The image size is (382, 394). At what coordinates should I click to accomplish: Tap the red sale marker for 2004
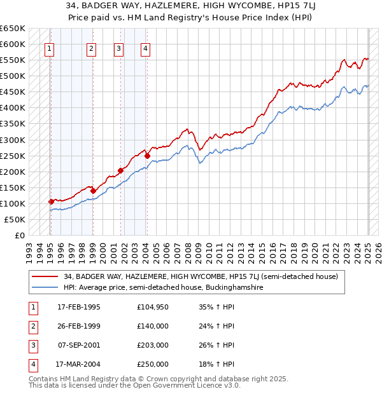click(147, 156)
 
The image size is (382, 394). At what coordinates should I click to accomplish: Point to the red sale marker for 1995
click(51, 201)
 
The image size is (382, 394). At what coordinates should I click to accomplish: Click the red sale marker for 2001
click(120, 170)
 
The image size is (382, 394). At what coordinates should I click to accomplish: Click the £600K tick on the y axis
click(13, 44)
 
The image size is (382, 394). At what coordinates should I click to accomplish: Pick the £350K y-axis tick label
click(13, 124)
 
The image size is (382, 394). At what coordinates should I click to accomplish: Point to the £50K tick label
click(15, 219)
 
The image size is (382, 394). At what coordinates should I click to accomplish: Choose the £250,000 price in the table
click(153, 364)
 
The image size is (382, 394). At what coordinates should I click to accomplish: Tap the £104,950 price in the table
click(153, 307)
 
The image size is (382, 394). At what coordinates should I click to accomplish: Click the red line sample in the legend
click(45, 276)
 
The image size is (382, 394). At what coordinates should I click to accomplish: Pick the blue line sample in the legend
click(45, 287)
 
